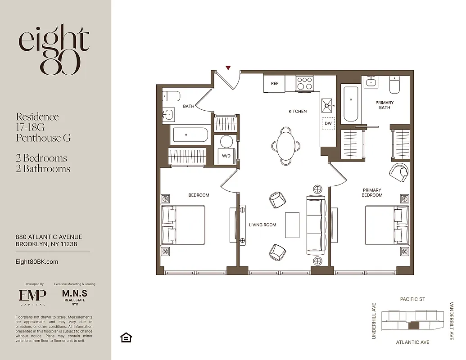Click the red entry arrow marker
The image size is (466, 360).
[x=228, y=68]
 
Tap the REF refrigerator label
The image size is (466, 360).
[x=275, y=84]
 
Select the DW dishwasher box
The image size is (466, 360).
[x=328, y=123]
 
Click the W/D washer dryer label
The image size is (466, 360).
[x=226, y=156]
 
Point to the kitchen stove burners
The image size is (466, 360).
[x=305, y=83]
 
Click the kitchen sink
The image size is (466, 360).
[x=327, y=105]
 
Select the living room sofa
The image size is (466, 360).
[x=316, y=225]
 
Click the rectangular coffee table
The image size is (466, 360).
[x=292, y=225]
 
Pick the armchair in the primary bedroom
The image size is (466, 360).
[x=399, y=173]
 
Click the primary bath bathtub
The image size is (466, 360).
[x=351, y=104]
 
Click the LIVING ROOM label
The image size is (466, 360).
[x=262, y=225]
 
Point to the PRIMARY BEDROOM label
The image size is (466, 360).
[x=372, y=193]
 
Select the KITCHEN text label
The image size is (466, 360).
[x=298, y=111]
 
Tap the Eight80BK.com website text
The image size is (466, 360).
[x=37, y=261]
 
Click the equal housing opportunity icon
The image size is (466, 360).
[x=126, y=337]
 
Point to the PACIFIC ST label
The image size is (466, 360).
[x=412, y=299]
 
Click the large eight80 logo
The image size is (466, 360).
[x=54, y=49]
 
